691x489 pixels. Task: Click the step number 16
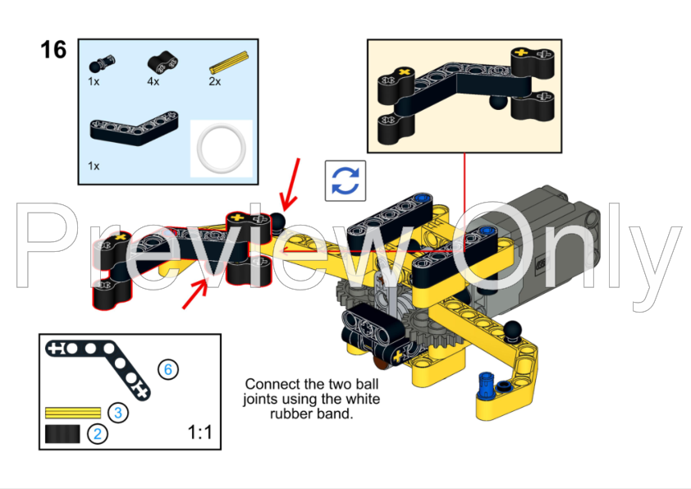click(53, 50)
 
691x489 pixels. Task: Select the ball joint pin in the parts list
click(103, 62)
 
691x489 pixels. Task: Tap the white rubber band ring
click(221, 148)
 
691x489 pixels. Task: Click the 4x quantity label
click(153, 81)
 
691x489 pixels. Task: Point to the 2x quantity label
click(214, 81)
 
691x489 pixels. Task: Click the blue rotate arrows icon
click(345, 181)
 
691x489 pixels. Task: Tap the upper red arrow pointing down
click(291, 185)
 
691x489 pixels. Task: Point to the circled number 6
click(168, 369)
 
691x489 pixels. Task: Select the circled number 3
click(118, 412)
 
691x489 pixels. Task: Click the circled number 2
click(97, 433)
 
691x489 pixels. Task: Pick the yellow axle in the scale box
click(72, 412)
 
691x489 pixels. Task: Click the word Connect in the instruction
click(268, 383)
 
